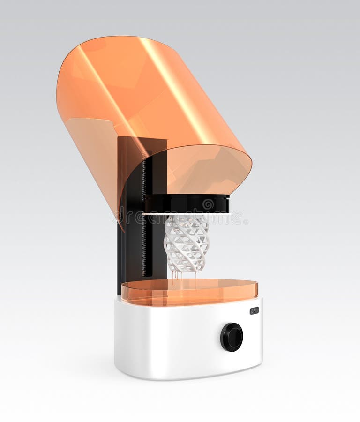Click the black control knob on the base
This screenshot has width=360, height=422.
[x=232, y=337]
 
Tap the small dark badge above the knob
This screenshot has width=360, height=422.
[x=254, y=310]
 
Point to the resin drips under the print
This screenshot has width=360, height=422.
[x=176, y=277]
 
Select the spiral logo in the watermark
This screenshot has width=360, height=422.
[x=208, y=204]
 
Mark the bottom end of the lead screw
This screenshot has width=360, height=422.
[x=144, y=274]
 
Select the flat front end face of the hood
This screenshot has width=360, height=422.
[x=206, y=169]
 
